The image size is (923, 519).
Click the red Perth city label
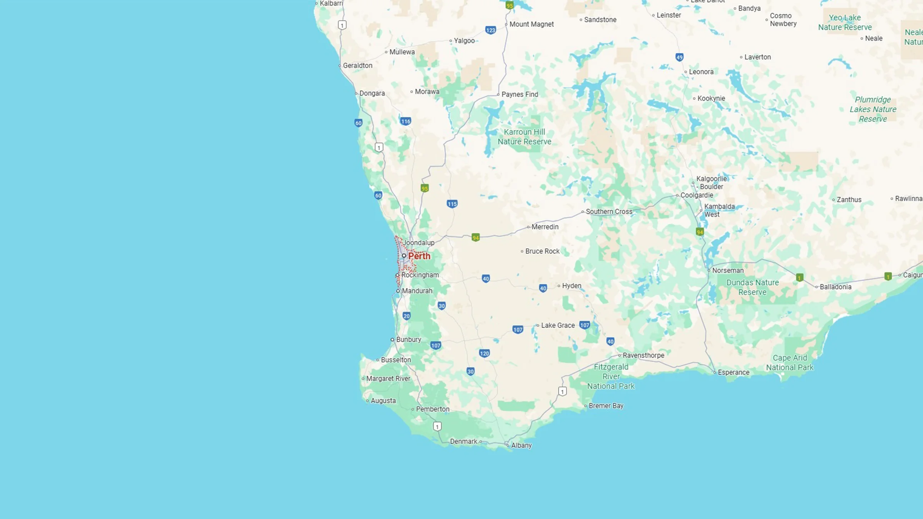(x=419, y=256)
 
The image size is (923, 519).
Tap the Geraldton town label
(x=357, y=65)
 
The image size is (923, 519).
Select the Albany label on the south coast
(x=521, y=445)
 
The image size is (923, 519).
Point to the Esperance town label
(x=733, y=372)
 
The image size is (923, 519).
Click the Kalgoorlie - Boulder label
(x=711, y=183)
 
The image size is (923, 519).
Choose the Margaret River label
(x=388, y=378)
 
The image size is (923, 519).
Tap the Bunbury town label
(x=408, y=339)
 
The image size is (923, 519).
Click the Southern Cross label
(x=609, y=211)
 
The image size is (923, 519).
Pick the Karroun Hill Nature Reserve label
(x=524, y=136)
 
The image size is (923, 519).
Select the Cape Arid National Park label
(x=790, y=363)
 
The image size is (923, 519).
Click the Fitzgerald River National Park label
(x=611, y=376)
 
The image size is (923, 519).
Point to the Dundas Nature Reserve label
(x=752, y=287)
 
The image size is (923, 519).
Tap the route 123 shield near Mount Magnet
(x=490, y=30)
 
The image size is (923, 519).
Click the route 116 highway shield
(x=406, y=121)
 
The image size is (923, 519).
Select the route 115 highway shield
(x=452, y=204)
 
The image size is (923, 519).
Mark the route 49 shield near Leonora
(x=679, y=57)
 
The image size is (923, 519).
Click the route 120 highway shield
(x=484, y=353)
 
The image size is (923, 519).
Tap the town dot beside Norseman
(x=709, y=271)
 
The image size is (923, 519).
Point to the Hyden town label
(x=571, y=286)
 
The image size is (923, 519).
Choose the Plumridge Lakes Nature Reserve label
(x=873, y=109)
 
